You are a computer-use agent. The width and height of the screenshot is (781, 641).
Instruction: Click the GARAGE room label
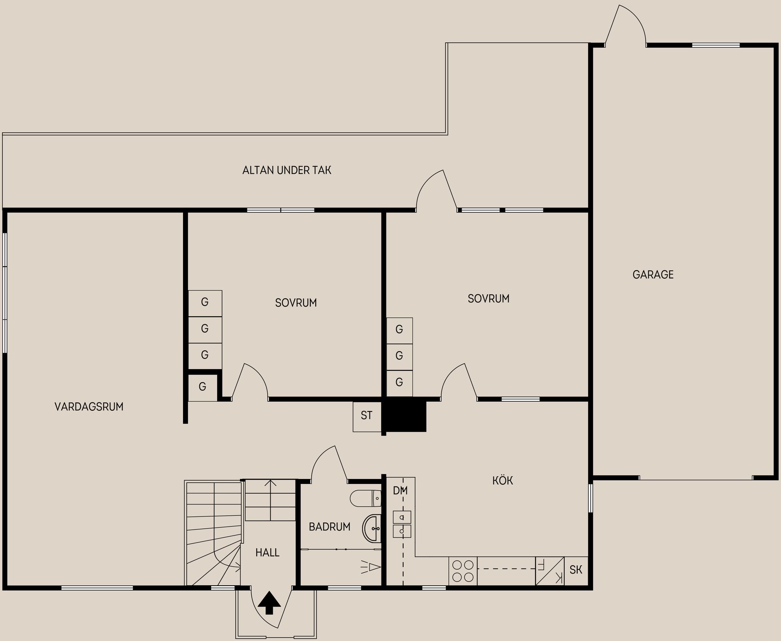[653, 275]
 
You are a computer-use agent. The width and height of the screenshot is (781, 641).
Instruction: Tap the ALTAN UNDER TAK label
[287, 170]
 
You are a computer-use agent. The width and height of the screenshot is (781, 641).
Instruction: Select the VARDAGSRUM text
[89, 407]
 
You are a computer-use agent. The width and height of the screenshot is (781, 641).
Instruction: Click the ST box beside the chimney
[367, 416]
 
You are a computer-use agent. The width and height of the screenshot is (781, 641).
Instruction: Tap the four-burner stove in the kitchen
[463, 571]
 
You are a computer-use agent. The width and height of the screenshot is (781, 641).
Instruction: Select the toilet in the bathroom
[365, 499]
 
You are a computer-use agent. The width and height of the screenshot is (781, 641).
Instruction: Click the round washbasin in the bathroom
[372, 529]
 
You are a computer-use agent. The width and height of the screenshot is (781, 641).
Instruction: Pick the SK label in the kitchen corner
[576, 570]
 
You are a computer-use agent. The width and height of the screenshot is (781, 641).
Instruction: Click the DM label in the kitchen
[400, 491]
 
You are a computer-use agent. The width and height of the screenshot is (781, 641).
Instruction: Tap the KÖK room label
[502, 481]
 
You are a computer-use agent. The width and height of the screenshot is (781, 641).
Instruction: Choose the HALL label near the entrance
[267, 553]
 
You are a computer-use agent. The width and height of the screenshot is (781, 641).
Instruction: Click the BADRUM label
[329, 527]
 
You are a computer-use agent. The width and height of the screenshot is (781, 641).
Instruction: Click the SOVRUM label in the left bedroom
[296, 303]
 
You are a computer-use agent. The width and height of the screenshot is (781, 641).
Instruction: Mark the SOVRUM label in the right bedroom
[488, 299]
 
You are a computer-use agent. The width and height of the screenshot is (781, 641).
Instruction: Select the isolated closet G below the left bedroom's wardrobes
[202, 387]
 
